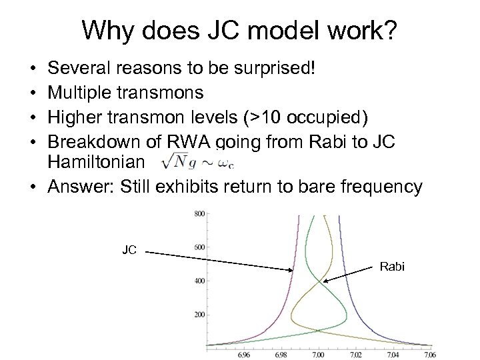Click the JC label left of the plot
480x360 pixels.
pos(129,251)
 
